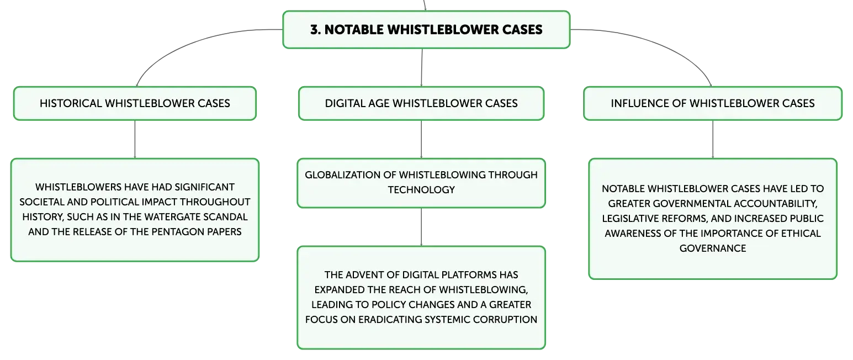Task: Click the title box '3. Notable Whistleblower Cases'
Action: click(426, 30)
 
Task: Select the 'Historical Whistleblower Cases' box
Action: click(135, 103)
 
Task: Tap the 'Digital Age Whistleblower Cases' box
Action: click(421, 103)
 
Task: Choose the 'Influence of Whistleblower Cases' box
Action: click(712, 103)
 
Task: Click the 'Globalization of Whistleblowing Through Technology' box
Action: click(421, 183)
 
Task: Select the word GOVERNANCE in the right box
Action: click(712, 248)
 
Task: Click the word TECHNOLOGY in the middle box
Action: click(421, 190)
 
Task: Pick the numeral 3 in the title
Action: click(314, 30)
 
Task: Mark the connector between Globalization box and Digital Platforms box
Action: click(421, 227)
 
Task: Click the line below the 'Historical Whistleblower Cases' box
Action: click(135, 140)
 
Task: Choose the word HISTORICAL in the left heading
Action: click(71, 103)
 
